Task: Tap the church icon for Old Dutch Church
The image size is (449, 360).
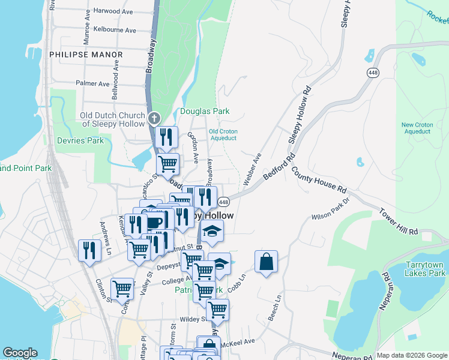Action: click(154, 117)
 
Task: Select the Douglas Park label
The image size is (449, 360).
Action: click(205, 111)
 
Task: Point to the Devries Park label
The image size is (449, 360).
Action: click(80, 140)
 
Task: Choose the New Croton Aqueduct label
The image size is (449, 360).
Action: click(417, 128)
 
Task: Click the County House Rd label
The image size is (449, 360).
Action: click(319, 179)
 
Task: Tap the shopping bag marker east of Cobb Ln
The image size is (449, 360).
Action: click(266, 262)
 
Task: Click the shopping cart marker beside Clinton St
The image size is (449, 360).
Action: click(122, 289)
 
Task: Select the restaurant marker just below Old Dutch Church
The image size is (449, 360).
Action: click(166, 137)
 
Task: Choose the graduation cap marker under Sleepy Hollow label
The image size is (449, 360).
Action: click(211, 232)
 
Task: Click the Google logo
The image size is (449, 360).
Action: click(20, 353)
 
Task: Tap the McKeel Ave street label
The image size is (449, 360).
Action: click(238, 341)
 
